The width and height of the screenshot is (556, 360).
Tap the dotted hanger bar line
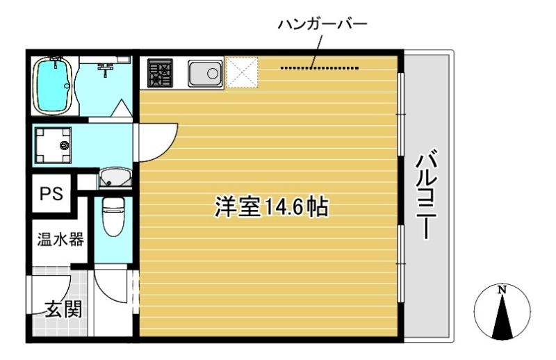click(x=320, y=68)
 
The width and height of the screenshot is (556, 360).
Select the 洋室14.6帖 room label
click(x=271, y=208)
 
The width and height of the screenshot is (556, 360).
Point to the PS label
click(x=50, y=194)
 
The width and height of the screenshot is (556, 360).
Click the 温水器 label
click(x=60, y=240)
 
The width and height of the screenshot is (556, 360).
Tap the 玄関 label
click(x=63, y=309)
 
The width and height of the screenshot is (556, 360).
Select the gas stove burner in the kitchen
click(x=160, y=72)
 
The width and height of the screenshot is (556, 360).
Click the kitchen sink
click(x=204, y=72)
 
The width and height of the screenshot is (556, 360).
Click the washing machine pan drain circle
click(x=65, y=146)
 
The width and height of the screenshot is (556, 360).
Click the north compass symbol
click(x=502, y=313)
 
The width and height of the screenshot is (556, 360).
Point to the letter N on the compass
click(x=502, y=289)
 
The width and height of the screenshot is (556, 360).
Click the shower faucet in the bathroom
click(x=106, y=67)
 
